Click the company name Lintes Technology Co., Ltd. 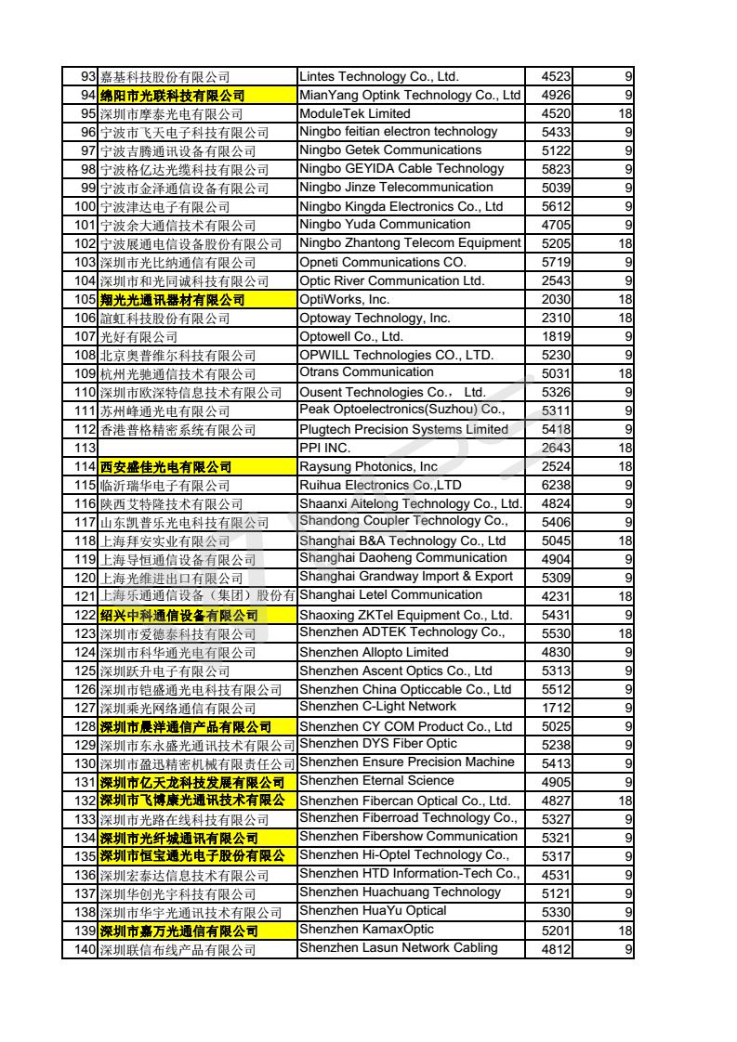(379, 77)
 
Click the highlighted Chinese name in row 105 (172, 300)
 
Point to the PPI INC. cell (325, 449)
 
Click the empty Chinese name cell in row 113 (197, 449)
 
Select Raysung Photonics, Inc (368, 467)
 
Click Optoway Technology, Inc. (375, 319)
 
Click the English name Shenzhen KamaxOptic (366, 930)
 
